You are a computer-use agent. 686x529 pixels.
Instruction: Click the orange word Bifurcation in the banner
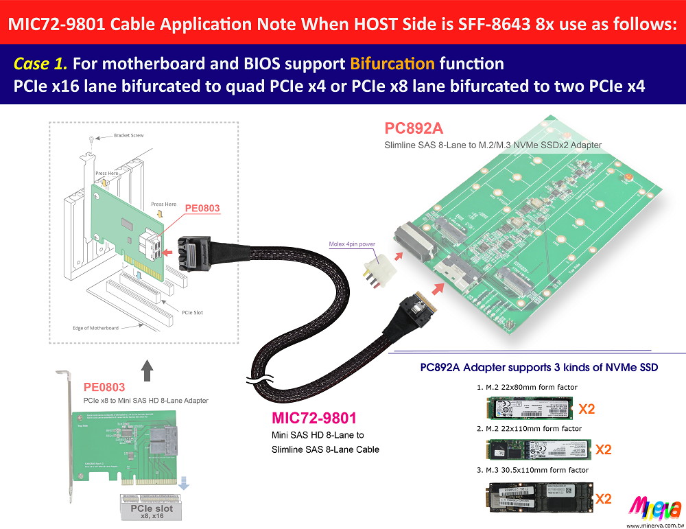pos(392,64)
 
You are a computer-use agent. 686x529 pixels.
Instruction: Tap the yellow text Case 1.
pos(40,64)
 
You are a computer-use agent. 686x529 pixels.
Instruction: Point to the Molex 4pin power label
pos(353,243)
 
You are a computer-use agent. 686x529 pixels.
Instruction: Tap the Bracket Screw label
pos(129,135)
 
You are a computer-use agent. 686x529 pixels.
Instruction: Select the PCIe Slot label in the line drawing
pos(193,312)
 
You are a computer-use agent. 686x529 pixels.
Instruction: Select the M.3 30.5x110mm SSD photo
pos(539,497)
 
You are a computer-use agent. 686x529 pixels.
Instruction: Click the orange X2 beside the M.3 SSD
pos(604,498)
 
